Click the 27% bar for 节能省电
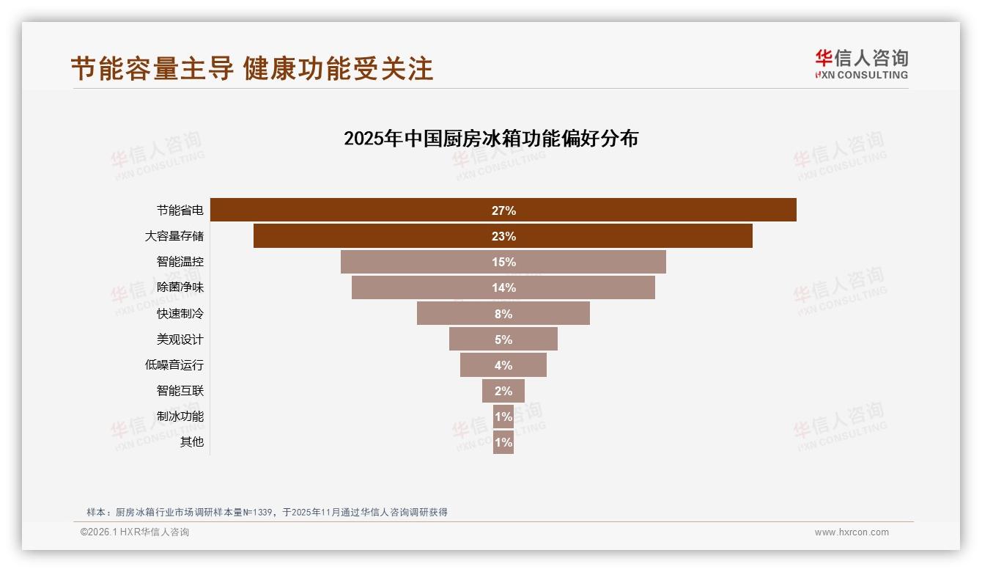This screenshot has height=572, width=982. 503,210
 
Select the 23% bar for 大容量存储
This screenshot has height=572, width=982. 503,236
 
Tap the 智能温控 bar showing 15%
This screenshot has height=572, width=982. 503,262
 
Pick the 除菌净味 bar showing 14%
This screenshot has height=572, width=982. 503,287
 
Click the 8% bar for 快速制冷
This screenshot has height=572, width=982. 503,314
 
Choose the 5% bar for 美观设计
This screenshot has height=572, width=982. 503,340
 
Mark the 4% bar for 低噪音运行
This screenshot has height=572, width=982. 503,365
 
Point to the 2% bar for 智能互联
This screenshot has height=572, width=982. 503,391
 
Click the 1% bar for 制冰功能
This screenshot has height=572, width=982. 503,417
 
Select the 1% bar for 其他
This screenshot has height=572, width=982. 503,442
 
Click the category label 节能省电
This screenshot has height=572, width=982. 180,210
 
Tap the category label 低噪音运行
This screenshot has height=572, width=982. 174,365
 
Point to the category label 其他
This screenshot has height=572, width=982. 191,442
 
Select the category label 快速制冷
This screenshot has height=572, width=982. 180,314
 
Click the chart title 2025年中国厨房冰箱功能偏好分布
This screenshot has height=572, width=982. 491,139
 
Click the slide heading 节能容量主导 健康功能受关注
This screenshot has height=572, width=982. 252,68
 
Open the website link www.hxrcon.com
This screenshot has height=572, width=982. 852,532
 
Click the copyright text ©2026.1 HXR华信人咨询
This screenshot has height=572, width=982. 135,532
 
